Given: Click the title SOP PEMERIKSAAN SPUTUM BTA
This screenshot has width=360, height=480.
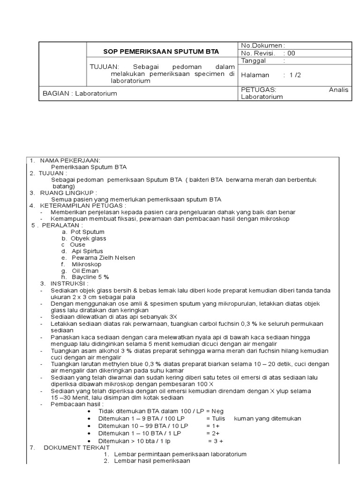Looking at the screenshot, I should click(x=161, y=51).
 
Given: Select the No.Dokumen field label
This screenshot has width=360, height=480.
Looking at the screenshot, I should click(x=262, y=45).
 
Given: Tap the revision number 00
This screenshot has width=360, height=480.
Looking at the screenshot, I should click(x=291, y=53).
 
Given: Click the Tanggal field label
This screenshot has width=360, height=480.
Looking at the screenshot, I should click(x=254, y=60).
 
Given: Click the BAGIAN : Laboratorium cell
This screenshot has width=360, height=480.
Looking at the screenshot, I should click(x=80, y=93).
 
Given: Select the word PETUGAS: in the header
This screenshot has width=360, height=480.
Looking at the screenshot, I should click(x=259, y=90).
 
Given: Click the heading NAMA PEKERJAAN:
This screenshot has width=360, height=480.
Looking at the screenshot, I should click(x=70, y=160).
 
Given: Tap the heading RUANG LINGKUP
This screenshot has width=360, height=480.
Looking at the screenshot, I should click(x=68, y=193).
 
